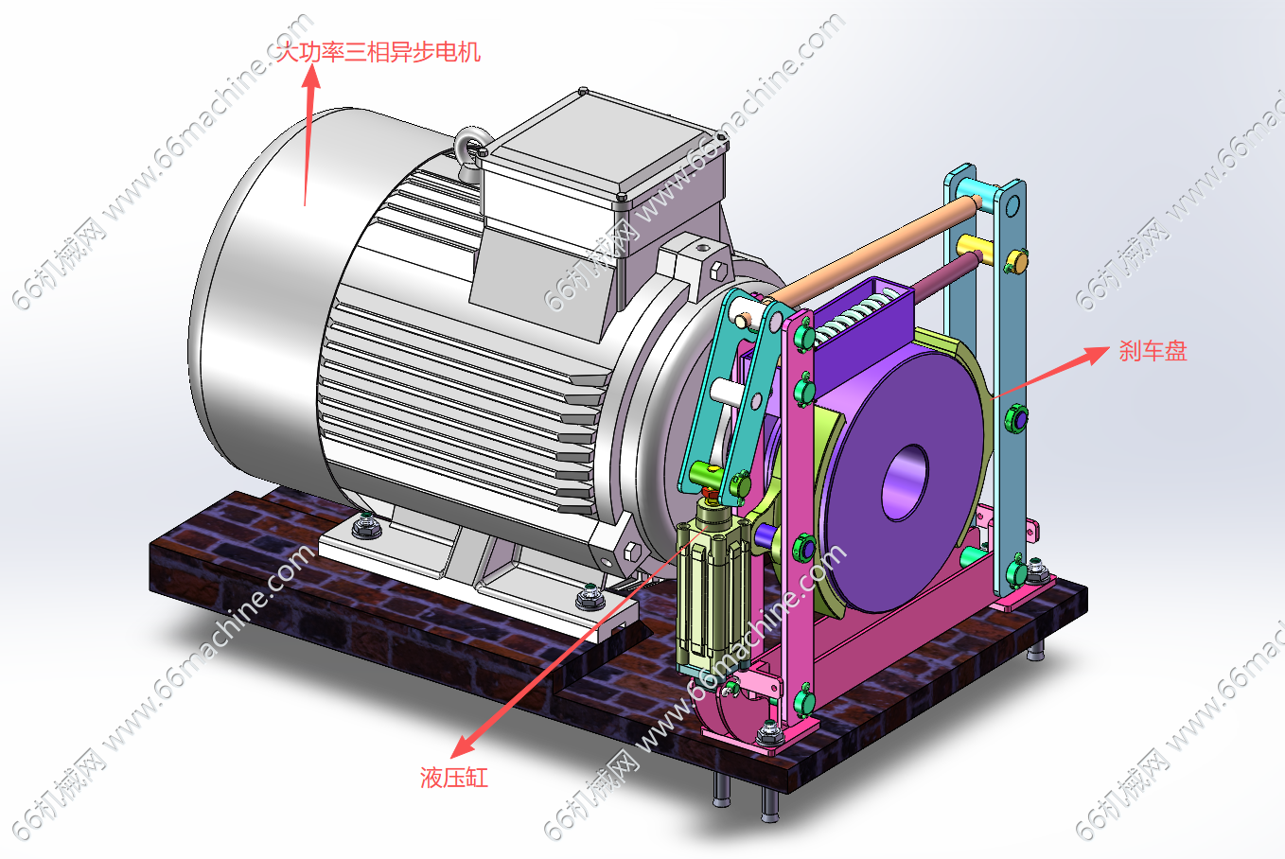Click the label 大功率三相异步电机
point(378,52)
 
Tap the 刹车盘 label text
point(1153,351)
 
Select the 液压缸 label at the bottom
point(454,779)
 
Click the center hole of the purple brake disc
point(906,482)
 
